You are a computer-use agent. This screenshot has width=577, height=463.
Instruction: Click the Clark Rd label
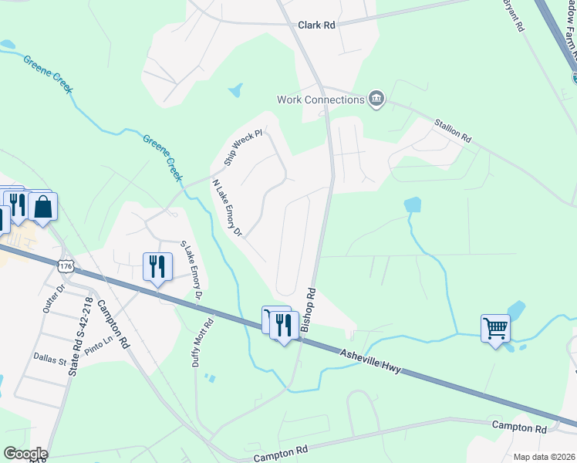tap(317, 25)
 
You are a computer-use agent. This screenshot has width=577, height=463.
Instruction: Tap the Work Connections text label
tap(321, 100)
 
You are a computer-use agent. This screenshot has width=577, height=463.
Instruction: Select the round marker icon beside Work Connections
tap(376, 99)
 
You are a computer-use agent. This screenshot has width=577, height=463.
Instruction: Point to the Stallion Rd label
tap(452, 129)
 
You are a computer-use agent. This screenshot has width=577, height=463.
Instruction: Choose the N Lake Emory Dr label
tap(227, 208)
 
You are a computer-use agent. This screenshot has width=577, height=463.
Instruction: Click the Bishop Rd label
tap(309, 310)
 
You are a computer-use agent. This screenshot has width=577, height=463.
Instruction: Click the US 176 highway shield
tap(65, 266)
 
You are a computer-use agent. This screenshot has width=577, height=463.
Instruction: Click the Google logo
tap(25, 453)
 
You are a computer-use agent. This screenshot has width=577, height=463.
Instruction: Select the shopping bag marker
tap(43, 207)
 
